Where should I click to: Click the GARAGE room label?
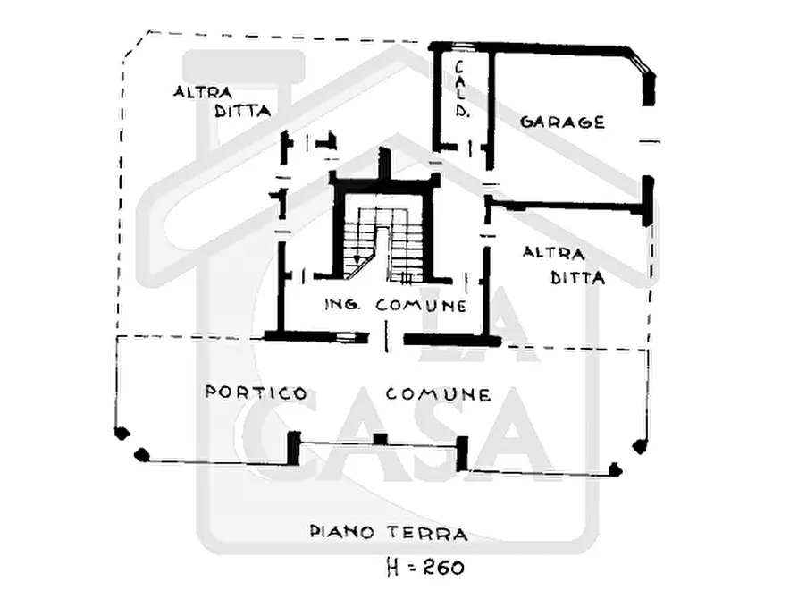(562, 122)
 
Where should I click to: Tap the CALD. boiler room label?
(460, 89)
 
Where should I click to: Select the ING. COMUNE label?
(396, 305)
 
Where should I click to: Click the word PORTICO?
(256, 392)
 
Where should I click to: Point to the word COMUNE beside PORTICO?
(438, 394)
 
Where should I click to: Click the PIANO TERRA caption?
(389, 533)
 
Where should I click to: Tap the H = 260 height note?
(425, 567)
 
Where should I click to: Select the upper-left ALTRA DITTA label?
(222, 101)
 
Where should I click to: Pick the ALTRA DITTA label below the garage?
(564, 266)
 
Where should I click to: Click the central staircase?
(383, 243)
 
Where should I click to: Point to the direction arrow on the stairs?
(357, 260)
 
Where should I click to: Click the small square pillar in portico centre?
(380, 438)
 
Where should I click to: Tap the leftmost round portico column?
(122, 434)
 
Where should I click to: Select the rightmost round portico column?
(639, 447)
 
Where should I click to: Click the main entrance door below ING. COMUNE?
(386, 336)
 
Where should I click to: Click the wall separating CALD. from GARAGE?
(491, 108)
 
